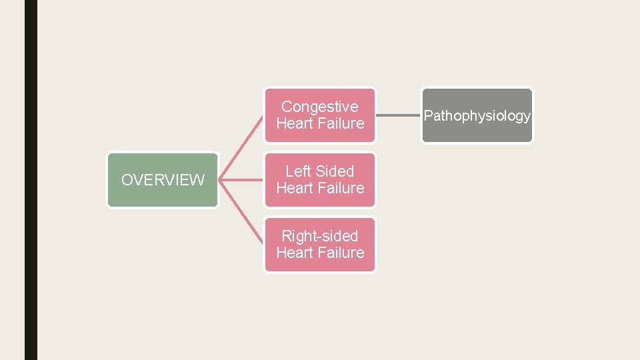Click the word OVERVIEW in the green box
coord(163,180)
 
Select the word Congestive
coord(320,107)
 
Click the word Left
coord(299,171)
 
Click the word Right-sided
coord(320,236)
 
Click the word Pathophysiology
coord(477,116)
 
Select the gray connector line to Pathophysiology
coord(399,115)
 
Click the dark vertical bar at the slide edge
coord(31,180)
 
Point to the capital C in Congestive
coord(287,107)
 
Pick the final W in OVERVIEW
coord(198,180)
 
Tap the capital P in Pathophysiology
coord(428,116)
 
